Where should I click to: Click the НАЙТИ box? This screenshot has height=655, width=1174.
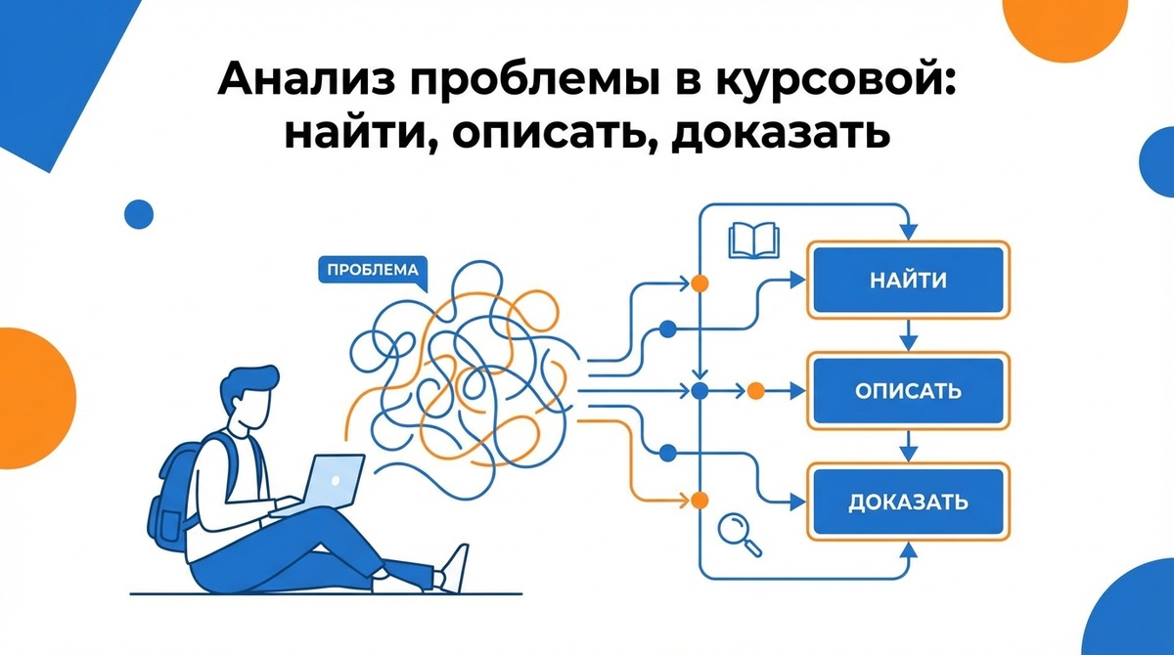(907, 281)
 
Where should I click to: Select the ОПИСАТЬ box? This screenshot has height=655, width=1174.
(907, 391)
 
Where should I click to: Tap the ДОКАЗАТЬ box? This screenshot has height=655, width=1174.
(907, 502)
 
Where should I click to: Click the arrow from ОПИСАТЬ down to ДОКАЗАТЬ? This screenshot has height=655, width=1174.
(907, 447)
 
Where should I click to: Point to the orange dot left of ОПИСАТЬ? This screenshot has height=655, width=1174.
(755, 391)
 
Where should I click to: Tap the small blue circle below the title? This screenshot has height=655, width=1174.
(140, 213)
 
